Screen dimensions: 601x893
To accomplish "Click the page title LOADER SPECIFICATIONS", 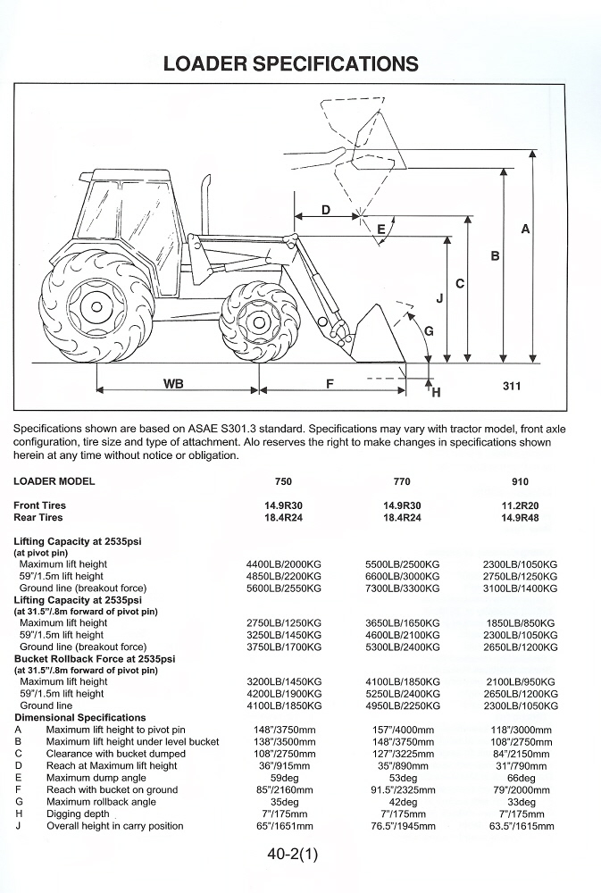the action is pyautogui.click(x=290, y=63).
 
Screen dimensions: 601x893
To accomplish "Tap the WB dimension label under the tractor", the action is pyautogui.click(x=174, y=383).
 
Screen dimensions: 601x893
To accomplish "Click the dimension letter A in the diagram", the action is pyautogui.click(x=525, y=229).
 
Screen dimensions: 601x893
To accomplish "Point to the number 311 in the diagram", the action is pyautogui.click(x=512, y=386).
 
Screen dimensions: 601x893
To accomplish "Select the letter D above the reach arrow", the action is pyautogui.click(x=326, y=210).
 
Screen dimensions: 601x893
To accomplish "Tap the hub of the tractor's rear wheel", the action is pyautogui.click(x=96, y=308).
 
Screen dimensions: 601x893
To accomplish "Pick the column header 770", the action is pyautogui.click(x=402, y=481).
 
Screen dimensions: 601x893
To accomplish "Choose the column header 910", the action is pyautogui.click(x=520, y=481).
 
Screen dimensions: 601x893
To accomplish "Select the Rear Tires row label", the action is pyautogui.click(x=38, y=518).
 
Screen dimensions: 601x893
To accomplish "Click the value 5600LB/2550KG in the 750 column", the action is pyautogui.click(x=284, y=588).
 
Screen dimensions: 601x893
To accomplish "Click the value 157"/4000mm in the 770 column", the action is pyautogui.click(x=402, y=730).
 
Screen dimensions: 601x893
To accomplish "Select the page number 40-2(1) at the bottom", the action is pyautogui.click(x=292, y=855).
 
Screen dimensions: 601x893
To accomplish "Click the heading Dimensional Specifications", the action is pyautogui.click(x=80, y=718).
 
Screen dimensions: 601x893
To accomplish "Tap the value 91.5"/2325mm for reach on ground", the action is pyautogui.click(x=404, y=790).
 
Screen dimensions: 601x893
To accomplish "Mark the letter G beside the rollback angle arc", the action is pyautogui.click(x=429, y=331).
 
